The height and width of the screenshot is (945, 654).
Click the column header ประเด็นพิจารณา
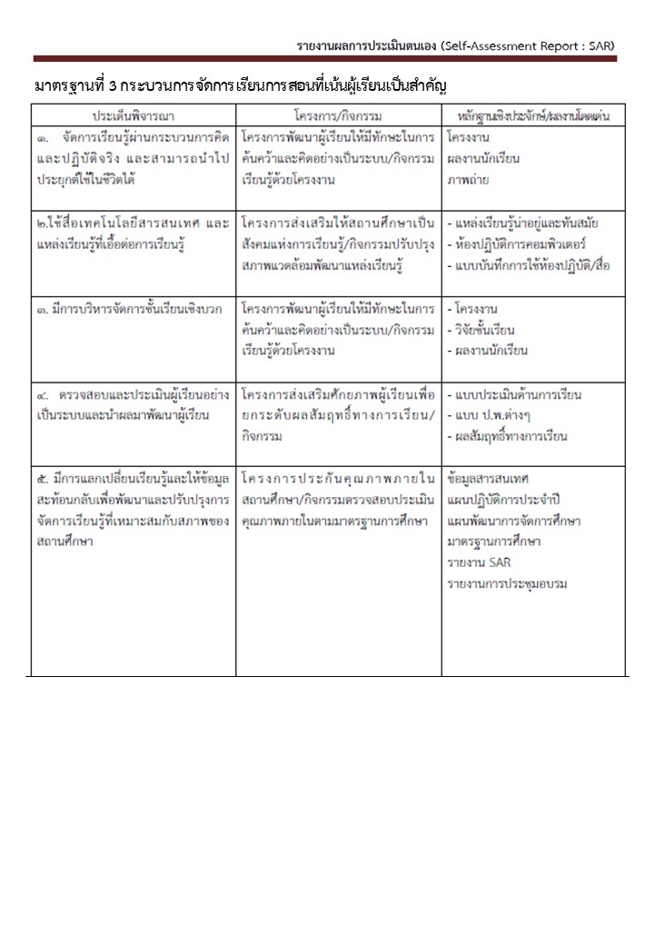click(x=133, y=116)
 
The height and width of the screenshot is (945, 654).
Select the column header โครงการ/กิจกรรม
click(x=338, y=116)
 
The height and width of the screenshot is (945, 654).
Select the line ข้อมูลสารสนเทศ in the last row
click(x=488, y=479)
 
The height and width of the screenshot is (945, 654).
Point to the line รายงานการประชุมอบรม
click(x=506, y=584)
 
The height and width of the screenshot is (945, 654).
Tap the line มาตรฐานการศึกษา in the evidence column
click(x=493, y=542)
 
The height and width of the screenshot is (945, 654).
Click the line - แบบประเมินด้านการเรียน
click(x=514, y=395)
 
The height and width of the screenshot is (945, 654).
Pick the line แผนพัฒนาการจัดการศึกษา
click(x=513, y=521)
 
